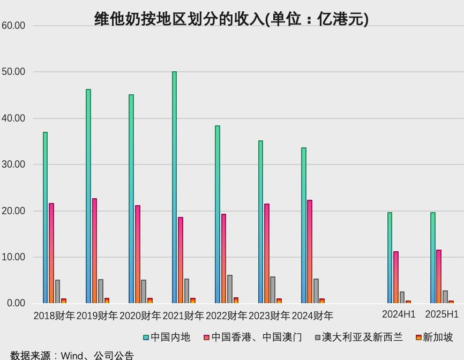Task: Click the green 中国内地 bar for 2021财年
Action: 175,187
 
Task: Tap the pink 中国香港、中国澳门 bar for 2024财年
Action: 310,252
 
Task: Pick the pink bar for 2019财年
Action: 95,251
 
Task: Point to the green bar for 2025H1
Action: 433,258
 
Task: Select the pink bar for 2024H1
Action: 396,277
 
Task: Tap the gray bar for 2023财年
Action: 273,290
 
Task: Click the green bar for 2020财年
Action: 131,199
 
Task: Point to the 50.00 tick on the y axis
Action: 13,72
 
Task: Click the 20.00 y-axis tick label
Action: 13,211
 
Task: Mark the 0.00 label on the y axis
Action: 16,303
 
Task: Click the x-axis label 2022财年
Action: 226,316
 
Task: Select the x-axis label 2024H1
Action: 399,314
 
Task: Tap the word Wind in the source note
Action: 71,355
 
